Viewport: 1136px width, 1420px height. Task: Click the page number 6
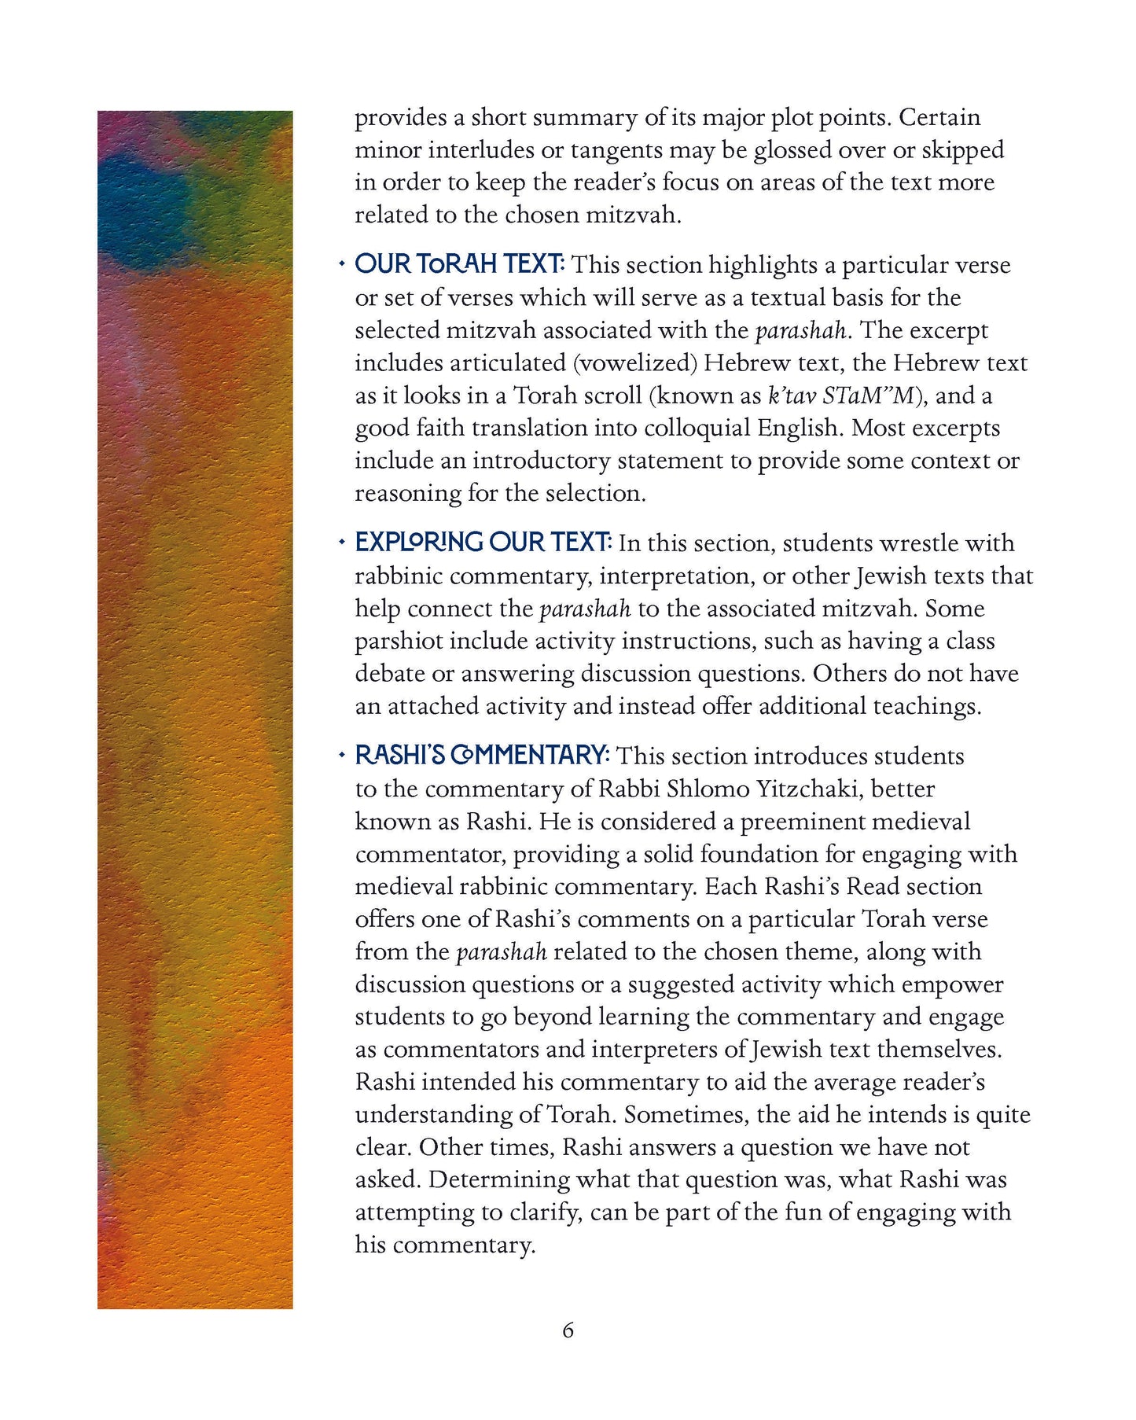point(568,1330)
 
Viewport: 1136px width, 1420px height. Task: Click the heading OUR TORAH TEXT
point(459,264)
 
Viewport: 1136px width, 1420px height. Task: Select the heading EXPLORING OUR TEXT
point(483,543)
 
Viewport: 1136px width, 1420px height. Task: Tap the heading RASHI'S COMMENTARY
point(482,756)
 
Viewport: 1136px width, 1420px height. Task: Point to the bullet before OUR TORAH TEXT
point(341,265)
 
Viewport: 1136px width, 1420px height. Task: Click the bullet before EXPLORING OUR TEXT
point(341,543)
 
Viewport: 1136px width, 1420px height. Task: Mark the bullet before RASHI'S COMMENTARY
point(341,756)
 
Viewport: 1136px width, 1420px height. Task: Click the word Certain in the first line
point(939,117)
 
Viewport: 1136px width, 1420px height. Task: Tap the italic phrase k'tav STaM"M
point(842,395)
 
